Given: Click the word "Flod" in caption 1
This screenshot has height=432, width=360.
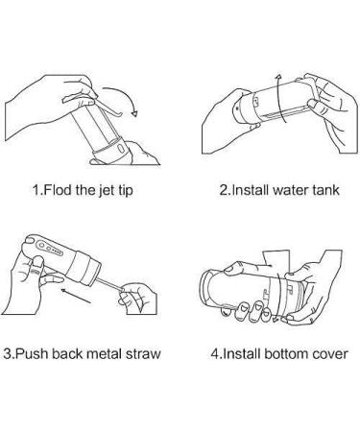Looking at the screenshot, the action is [x=57, y=190].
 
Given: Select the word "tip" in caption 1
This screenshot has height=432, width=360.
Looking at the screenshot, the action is [x=125, y=191].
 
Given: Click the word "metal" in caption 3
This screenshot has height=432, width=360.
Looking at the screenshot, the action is [x=104, y=354].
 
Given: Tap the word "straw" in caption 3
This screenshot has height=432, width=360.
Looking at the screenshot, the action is [x=142, y=354].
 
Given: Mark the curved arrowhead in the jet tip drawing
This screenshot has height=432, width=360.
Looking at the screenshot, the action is [x=134, y=113].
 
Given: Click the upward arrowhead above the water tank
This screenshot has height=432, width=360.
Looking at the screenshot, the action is [x=279, y=78].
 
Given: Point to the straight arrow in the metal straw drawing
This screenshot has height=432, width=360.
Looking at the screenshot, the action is [x=76, y=296].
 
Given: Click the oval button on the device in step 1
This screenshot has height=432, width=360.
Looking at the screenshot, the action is [x=121, y=149].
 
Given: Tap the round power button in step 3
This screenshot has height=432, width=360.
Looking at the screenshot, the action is [x=41, y=246].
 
